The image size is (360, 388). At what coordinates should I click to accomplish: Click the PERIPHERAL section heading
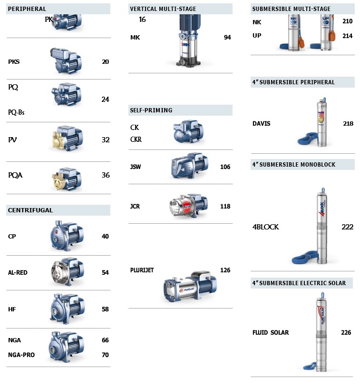[x=27, y=9]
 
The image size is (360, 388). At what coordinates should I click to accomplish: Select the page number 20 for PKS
[x=105, y=61]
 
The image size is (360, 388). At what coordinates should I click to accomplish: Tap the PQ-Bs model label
[x=16, y=112]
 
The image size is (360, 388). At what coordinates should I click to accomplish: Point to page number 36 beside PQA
[x=106, y=175]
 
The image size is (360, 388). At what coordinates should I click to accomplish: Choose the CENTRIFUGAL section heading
[x=30, y=210]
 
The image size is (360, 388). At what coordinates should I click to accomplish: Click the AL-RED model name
[x=18, y=272]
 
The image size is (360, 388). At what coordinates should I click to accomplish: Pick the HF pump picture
[x=67, y=309]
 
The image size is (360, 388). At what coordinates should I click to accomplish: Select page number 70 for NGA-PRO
[x=105, y=355]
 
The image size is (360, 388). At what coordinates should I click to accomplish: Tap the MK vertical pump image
[x=188, y=40]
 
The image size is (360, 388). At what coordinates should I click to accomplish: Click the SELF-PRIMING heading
[x=151, y=110]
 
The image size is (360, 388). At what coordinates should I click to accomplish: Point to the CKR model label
[x=136, y=139]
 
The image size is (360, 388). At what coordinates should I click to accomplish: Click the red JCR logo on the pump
[x=187, y=206]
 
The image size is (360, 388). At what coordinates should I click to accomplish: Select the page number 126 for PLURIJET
[x=225, y=270]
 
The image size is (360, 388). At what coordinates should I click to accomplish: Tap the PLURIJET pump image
[x=190, y=287]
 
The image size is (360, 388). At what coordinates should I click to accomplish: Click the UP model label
[x=257, y=36]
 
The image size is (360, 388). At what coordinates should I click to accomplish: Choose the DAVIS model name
[x=262, y=123]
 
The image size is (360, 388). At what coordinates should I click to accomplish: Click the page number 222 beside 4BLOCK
[x=347, y=227]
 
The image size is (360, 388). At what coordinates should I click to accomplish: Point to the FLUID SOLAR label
[x=271, y=333]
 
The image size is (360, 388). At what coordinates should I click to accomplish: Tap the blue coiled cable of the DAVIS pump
[x=308, y=139]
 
